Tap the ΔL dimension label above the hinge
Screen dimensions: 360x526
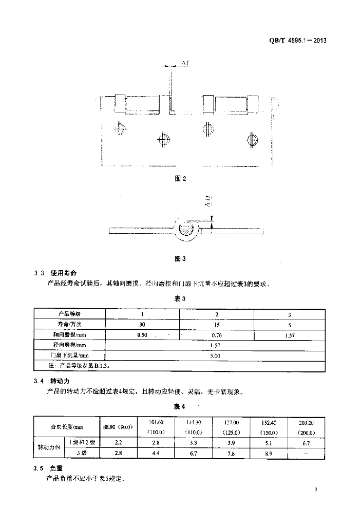point(186,63)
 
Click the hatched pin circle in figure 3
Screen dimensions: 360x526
point(185,227)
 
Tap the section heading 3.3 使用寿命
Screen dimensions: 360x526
point(56,272)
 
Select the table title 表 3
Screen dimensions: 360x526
point(179,298)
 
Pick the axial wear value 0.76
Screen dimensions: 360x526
point(216,334)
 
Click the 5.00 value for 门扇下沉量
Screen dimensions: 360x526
point(215,355)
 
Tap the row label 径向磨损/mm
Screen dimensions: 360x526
point(70,345)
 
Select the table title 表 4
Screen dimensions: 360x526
point(179,407)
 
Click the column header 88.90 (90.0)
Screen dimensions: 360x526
point(118,427)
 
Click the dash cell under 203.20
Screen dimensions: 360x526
point(306,453)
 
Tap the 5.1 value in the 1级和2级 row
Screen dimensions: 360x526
point(268,442)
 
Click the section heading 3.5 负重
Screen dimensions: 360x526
point(50,468)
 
